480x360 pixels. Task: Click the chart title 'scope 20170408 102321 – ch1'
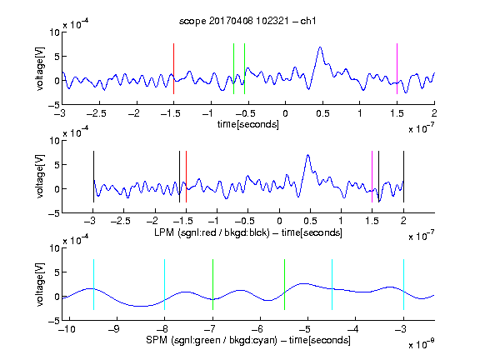pos(247,21)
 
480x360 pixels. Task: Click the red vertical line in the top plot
pos(173,68)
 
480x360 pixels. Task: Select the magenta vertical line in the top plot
pos(397,68)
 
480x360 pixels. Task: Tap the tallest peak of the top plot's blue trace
pos(320,47)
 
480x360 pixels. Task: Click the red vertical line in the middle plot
pos(186,177)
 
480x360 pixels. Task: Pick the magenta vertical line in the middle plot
pos(372,177)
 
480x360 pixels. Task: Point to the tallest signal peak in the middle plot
pos(308,156)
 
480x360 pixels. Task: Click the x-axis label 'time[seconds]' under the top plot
pos(248,124)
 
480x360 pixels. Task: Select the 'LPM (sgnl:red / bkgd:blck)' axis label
pos(212,232)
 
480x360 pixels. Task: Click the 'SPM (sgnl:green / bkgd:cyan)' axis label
pos(212,340)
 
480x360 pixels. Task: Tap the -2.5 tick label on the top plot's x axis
pos(96,113)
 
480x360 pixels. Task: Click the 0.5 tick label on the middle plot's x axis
pos(310,221)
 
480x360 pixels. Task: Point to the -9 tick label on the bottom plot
pos(114,329)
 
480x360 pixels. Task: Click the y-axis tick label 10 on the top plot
pos(55,32)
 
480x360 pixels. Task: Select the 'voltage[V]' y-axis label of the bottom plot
pos(40,284)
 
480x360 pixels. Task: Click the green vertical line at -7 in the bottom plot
pos(212,285)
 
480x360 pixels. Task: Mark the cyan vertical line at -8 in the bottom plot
pos(165,285)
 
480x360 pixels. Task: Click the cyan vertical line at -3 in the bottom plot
pos(404,285)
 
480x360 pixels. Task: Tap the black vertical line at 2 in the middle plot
pos(403,177)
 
